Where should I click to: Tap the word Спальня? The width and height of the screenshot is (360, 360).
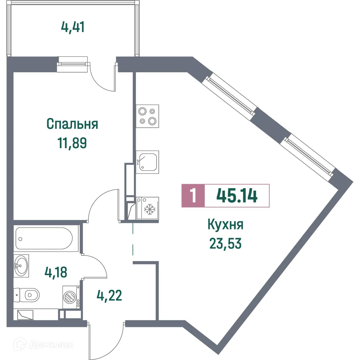[72, 124]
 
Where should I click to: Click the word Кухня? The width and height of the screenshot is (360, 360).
[226, 225]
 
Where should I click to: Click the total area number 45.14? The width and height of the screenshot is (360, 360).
[237, 196]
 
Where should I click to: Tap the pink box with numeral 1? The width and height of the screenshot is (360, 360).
[193, 196]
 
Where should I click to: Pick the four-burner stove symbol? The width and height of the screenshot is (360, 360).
[147, 116]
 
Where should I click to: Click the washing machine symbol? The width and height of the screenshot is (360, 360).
[70, 297]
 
